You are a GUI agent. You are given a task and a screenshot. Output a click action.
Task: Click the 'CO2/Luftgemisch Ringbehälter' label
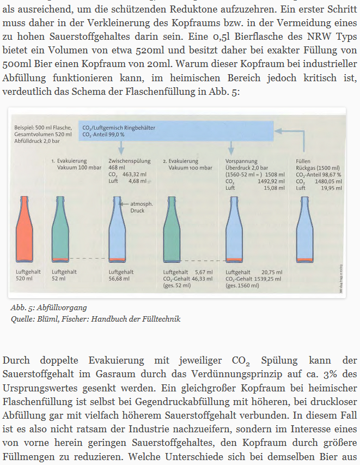118,127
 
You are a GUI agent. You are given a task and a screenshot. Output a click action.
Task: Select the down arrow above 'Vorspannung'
231,147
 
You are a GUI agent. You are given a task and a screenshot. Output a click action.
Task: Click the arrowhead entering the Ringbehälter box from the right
278,130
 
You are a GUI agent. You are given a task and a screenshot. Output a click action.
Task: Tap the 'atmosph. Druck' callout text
141,207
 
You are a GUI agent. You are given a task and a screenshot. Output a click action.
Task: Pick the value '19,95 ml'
332,188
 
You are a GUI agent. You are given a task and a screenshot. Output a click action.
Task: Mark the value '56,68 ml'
119,278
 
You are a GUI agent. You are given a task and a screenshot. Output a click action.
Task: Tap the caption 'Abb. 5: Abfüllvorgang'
48,308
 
